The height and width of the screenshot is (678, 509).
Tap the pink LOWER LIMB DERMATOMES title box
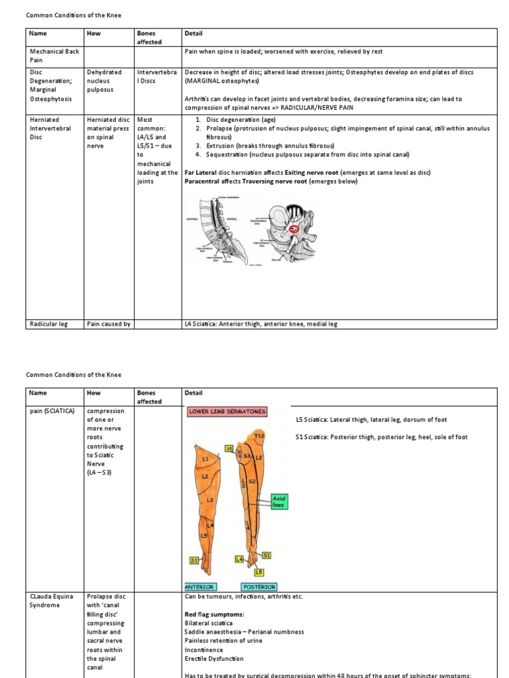[x=227, y=411]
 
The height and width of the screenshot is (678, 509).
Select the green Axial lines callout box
[x=278, y=501]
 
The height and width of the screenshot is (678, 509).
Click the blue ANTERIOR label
[x=199, y=587]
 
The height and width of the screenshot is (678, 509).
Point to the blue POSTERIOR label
[x=259, y=587]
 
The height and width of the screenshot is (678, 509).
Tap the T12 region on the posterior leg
[x=260, y=435]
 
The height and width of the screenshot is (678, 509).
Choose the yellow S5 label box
[x=229, y=448]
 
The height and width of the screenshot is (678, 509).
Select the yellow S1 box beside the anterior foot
[x=195, y=561]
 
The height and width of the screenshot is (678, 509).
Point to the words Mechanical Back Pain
[x=50, y=56]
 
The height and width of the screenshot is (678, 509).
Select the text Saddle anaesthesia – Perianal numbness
[x=244, y=632]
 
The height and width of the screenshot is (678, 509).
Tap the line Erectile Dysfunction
[x=213, y=659]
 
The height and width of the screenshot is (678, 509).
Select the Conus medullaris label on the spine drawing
[x=231, y=197]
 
